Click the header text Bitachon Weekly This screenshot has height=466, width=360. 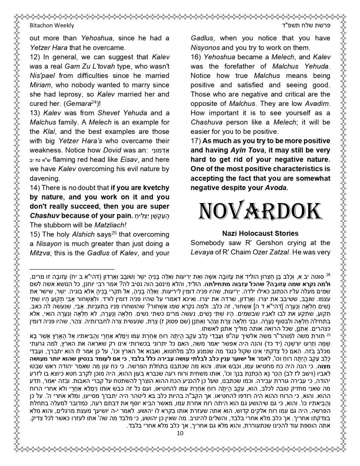[x=52, y=26]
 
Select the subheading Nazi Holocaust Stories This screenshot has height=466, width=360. [x=260, y=233]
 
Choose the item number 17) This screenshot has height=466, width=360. [x=196, y=150]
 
